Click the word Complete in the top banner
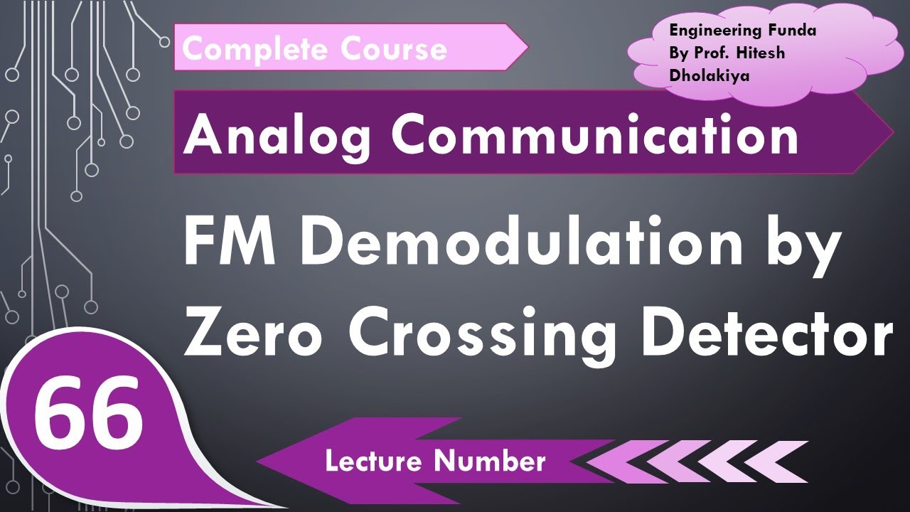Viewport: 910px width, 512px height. pos(255,49)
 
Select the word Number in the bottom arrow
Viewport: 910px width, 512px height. pos(491,462)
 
